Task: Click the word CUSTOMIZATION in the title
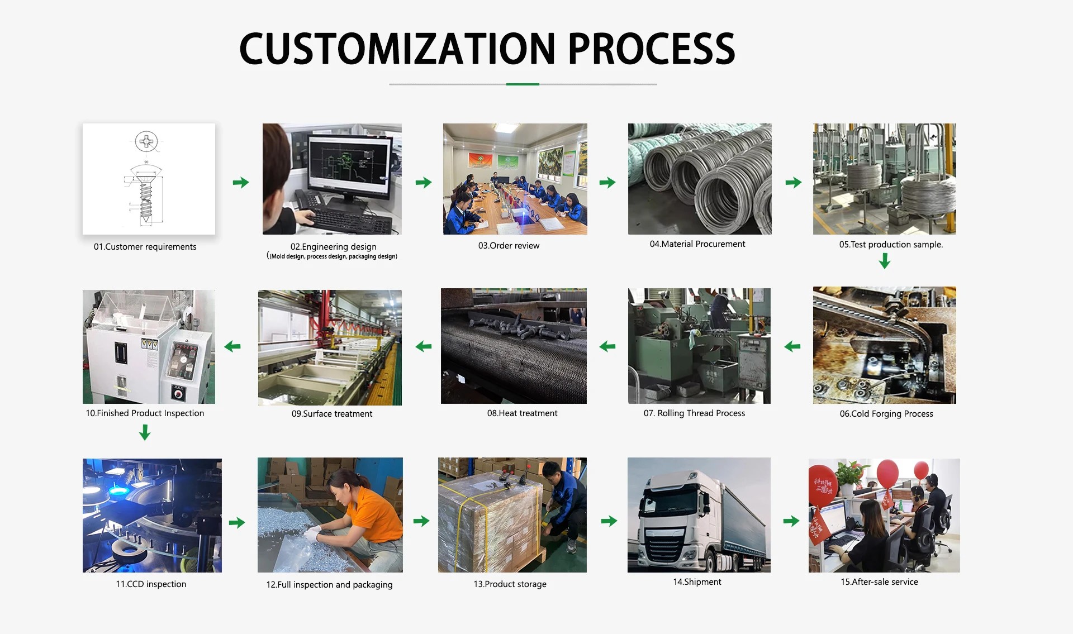[397, 49]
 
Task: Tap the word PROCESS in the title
[651, 49]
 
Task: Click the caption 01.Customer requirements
[145, 247]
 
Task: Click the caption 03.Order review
[509, 246]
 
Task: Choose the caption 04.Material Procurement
[697, 244]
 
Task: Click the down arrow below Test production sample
[884, 261]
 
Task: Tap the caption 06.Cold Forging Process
[886, 414]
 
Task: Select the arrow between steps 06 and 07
[792, 347]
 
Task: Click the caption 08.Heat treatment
[522, 413]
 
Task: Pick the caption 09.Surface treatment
[331, 414]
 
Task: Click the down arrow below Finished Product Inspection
[145, 432]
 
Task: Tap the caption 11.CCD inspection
[151, 584]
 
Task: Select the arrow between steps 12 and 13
[421, 521]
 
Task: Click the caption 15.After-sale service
[879, 582]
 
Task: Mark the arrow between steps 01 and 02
[241, 183]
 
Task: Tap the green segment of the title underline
[523, 84]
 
